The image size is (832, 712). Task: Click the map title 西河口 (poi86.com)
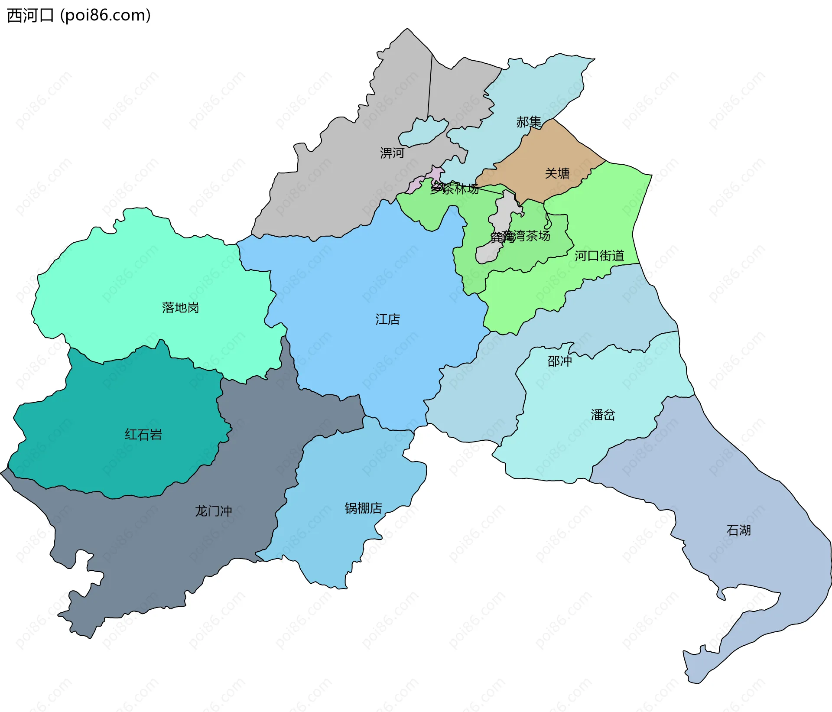point(79,15)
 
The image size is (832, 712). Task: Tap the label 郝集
point(529,122)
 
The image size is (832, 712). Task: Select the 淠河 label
point(392,153)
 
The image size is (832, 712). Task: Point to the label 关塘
point(557,173)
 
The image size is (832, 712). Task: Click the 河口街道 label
point(599,256)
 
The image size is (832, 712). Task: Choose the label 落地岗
point(180,308)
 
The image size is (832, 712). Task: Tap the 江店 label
point(387,319)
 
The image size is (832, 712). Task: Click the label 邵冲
point(559,361)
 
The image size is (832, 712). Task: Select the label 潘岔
point(603,415)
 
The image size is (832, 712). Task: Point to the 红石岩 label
point(143,435)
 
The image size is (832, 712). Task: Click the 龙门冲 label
point(213,511)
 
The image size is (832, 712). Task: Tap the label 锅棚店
point(363,508)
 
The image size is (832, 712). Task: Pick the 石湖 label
point(738,530)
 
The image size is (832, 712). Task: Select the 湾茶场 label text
point(531,236)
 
